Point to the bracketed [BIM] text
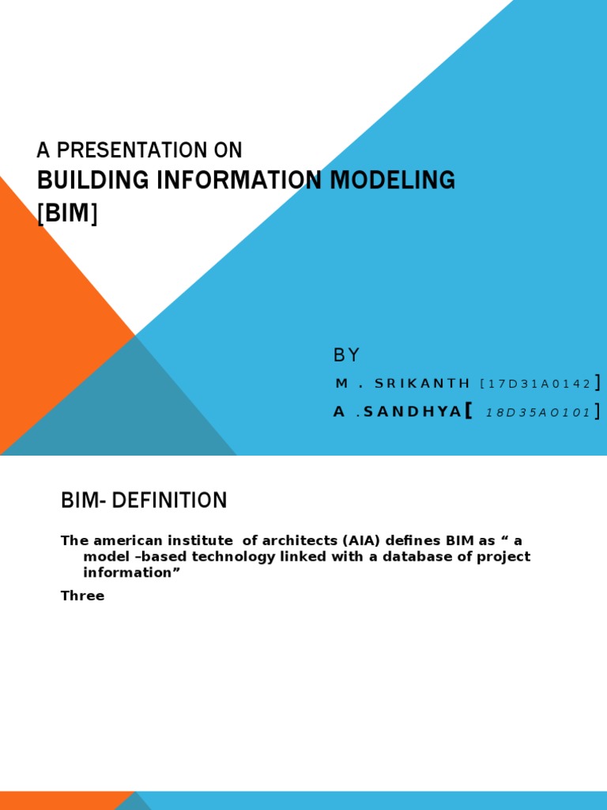tap(67, 213)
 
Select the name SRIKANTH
tap(423, 384)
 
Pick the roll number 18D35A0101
tap(537, 413)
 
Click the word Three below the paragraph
tap(82, 596)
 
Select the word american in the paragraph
tap(121, 541)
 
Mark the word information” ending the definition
tap(127, 573)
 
